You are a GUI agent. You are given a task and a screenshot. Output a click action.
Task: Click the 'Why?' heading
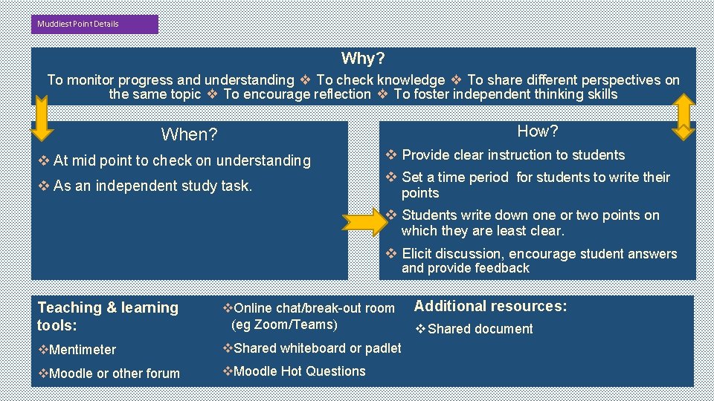[363, 58]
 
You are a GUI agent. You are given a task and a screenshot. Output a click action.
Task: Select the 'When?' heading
[189, 134]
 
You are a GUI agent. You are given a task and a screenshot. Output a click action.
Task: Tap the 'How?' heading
[537, 131]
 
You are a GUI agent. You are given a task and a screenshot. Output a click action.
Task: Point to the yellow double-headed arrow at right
[683, 117]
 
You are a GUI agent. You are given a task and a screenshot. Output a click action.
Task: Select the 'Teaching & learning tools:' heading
[108, 316]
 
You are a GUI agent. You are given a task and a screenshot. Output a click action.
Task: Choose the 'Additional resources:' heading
[490, 306]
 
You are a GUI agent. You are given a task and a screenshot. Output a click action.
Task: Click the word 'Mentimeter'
[82, 350]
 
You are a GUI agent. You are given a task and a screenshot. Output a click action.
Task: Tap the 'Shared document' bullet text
[480, 329]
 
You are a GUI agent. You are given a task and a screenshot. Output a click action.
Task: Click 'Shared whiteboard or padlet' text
[317, 348]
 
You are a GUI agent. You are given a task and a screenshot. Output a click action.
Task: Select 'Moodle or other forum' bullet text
[114, 374]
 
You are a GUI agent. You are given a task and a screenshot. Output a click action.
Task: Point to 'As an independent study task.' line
[152, 186]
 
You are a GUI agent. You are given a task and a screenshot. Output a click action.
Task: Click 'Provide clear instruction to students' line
[512, 155]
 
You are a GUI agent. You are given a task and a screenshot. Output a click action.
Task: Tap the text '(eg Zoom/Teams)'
[284, 325]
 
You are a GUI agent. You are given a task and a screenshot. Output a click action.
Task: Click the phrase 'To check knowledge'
[380, 80]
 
